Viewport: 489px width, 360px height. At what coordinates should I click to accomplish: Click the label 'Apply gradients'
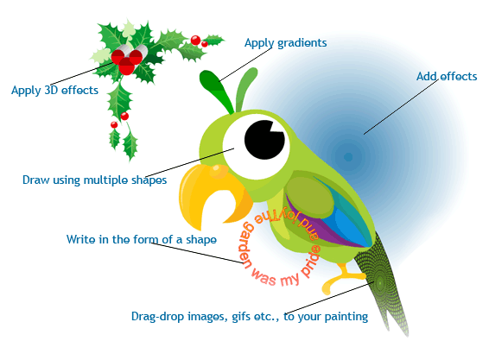coord(285,43)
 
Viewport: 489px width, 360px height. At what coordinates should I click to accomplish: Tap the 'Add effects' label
coord(447,76)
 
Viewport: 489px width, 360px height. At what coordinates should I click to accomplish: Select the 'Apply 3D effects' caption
coord(55,90)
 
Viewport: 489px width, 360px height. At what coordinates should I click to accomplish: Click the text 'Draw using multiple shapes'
coord(94,180)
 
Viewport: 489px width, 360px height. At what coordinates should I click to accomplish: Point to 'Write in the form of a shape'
coord(142,239)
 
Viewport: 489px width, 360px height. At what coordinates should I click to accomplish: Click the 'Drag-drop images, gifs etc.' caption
coord(207,316)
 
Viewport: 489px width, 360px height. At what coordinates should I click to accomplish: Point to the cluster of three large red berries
coord(127,60)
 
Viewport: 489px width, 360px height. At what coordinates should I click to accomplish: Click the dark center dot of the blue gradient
coord(348,157)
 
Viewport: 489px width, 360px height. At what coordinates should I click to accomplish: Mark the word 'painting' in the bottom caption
coord(346,317)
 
